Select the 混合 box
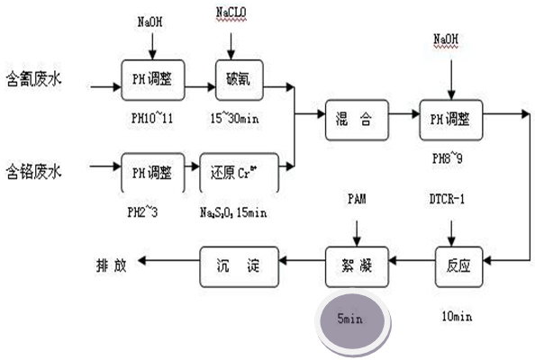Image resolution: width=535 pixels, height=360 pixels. click(x=356, y=118)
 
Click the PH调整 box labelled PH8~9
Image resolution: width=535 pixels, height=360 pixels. click(x=452, y=118)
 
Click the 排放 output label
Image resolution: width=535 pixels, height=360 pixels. click(x=112, y=265)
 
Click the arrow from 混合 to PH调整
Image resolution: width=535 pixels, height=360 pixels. click(x=403, y=118)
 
